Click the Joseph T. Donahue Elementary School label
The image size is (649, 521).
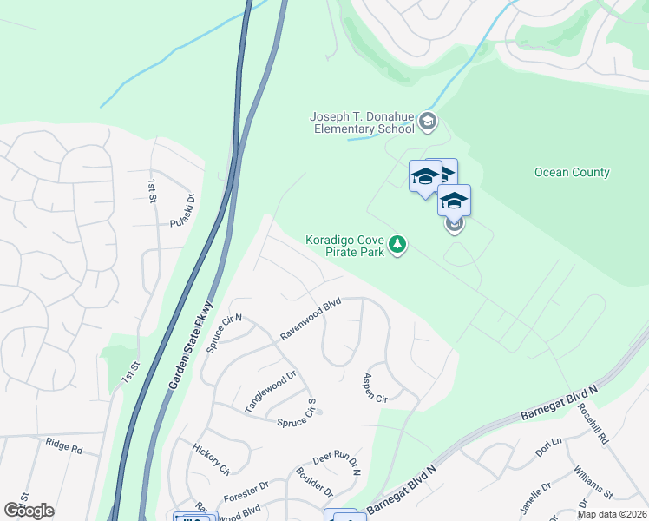[x=362, y=123]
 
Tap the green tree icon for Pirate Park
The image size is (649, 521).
[x=397, y=245]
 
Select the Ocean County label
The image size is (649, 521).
[x=572, y=172]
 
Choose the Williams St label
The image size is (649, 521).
[x=593, y=482]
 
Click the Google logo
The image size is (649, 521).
[x=29, y=511]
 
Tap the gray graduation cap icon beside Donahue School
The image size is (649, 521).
[x=427, y=122]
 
